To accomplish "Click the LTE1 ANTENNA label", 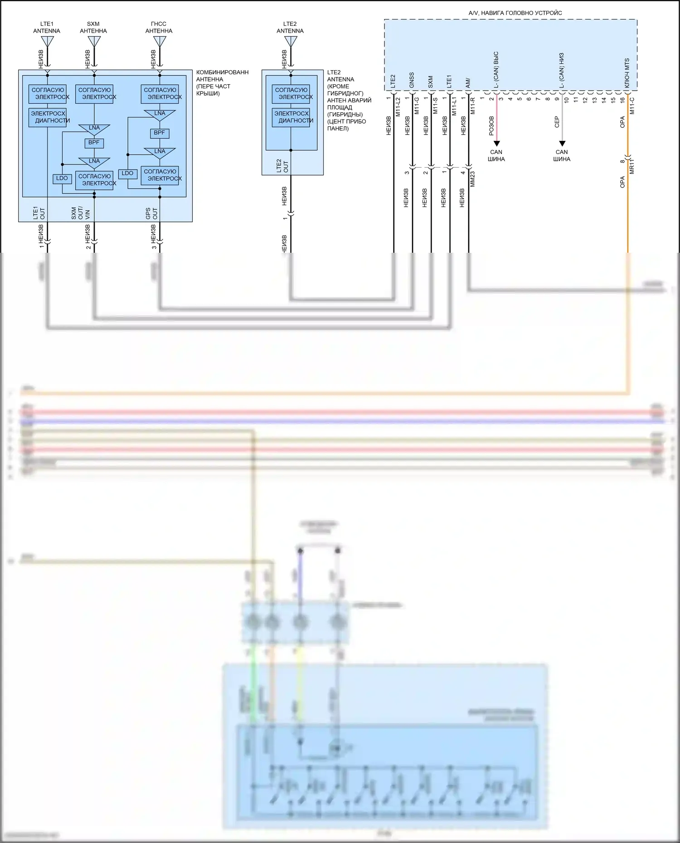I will coord(47,27).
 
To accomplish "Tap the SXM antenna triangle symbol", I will coord(94,42).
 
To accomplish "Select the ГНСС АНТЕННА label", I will coord(159,27).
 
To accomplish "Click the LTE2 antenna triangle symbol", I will coord(291,42).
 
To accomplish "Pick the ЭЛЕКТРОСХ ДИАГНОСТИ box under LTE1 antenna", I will coord(48,117).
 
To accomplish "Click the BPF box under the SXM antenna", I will coord(94,143).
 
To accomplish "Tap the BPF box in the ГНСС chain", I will coord(160,133).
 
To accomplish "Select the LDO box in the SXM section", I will coord(62,178).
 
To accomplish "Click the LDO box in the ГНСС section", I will coord(127,173).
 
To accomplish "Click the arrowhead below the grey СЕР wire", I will coord(562,144).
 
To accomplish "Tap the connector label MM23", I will coord(472,179).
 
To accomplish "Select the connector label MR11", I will coord(632,167).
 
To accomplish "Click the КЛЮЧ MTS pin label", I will coord(627,73).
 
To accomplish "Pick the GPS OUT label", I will coord(151,213).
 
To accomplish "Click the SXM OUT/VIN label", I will coord(80,213).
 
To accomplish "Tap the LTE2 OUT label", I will coord(282,166).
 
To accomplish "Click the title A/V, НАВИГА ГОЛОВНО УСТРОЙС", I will coord(515,13).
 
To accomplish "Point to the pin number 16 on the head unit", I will coord(622,99).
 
